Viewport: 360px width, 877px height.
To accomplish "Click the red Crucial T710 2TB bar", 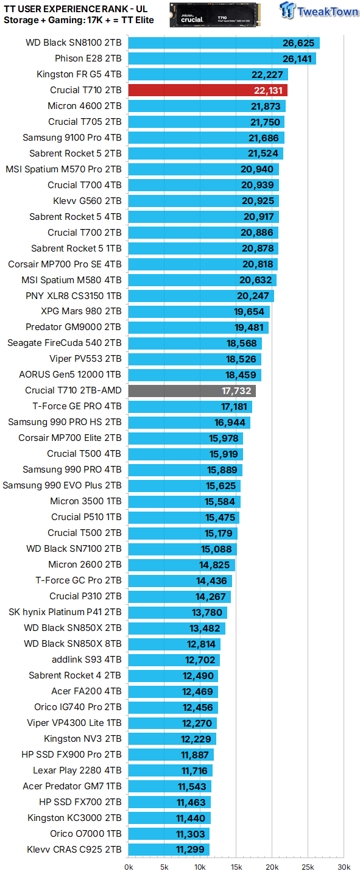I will click(207, 90).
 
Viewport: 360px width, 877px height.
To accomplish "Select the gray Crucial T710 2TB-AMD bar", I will click(192, 391).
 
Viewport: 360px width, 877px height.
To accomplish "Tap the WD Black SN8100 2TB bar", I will click(224, 43).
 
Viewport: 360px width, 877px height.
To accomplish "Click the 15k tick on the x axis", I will click(236, 867).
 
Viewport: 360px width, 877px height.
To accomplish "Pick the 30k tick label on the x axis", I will click(344, 867).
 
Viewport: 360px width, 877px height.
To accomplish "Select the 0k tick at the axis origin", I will click(129, 867).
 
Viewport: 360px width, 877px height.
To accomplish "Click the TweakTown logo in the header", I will click(319, 12).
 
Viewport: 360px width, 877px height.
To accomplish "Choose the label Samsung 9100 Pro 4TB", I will click(72, 138).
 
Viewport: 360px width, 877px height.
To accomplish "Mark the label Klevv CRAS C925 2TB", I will click(74, 849).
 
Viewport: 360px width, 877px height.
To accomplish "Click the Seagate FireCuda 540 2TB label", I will click(65, 343).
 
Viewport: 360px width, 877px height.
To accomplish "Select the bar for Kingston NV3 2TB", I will click(172, 738).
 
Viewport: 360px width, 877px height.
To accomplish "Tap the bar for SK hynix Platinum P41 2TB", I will click(177, 611).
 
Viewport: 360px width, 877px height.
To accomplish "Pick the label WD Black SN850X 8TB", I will click(72, 643).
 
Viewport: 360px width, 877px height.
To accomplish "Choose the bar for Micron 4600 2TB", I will click(206, 106).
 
